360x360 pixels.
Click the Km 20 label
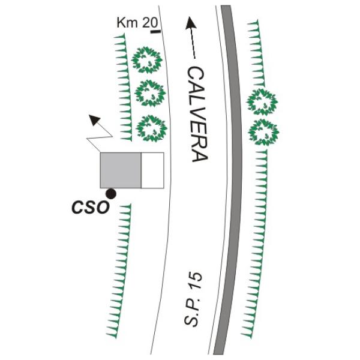137,23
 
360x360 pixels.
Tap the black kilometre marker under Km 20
155,31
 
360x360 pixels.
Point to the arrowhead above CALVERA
191,23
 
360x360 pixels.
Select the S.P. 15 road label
193,299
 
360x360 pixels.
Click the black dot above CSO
111,194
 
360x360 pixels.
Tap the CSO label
90,208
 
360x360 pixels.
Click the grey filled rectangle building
121,170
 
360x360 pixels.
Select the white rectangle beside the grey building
152,170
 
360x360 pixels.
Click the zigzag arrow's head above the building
94,119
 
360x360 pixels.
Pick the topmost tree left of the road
147,60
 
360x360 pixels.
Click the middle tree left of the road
150,93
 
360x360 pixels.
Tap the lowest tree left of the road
152,128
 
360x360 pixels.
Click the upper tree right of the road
262,102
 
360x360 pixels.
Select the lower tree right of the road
263,132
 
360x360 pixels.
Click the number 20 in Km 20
151,23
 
